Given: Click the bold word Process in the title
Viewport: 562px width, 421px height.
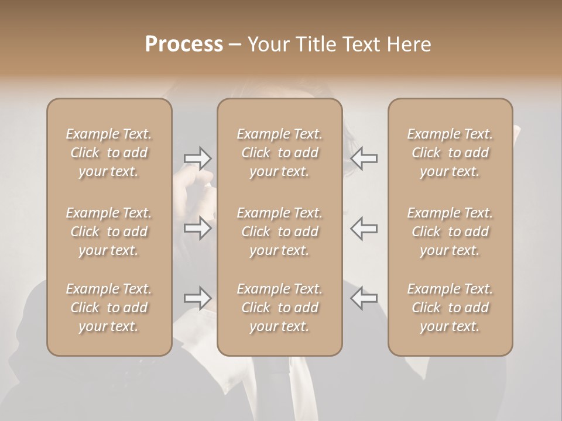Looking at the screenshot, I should [184, 44].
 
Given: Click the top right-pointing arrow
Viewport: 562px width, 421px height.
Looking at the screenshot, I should [197, 158].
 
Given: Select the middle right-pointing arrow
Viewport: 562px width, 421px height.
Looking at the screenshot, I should [197, 228].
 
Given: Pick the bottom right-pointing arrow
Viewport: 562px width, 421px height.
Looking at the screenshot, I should [197, 298].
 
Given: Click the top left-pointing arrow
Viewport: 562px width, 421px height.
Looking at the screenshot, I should [364, 158].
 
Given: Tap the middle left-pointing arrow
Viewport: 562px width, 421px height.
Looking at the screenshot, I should [364, 228].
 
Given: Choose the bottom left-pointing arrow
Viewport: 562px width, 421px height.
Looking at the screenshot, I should [364, 298].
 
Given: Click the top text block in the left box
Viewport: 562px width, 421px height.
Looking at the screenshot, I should [109, 153].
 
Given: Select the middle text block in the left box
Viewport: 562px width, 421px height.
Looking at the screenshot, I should [109, 232].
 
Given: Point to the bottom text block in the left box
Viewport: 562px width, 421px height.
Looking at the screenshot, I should [109, 308].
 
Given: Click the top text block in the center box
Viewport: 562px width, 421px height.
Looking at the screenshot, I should [280, 153].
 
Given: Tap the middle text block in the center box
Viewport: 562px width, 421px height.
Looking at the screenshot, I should [280, 232].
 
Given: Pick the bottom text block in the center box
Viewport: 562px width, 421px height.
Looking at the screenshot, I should [280, 308].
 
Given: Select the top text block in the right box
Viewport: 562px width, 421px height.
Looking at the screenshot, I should [450, 153].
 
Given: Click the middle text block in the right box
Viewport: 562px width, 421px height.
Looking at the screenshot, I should [450, 232].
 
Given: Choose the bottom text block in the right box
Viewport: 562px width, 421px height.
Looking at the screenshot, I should [450, 308].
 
